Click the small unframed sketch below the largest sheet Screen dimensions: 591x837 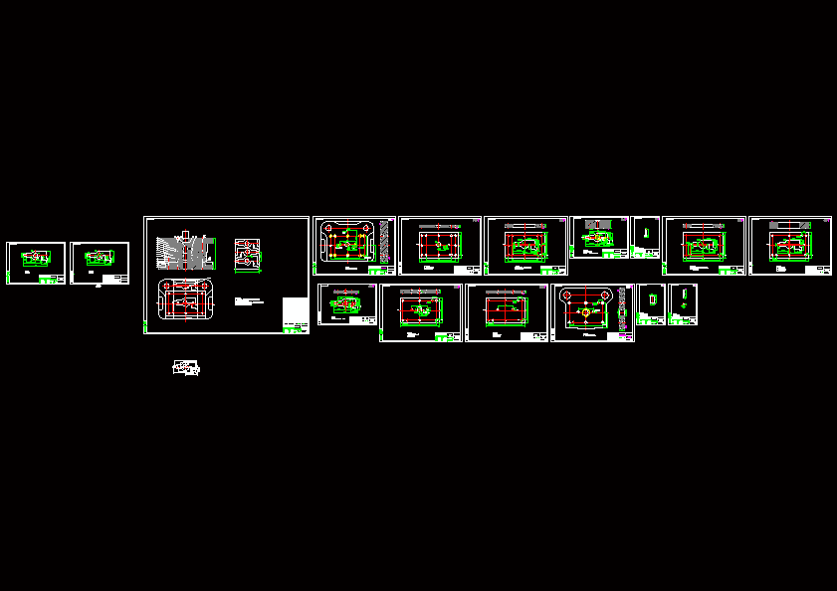[185, 368]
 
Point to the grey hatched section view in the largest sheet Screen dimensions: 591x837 [184, 253]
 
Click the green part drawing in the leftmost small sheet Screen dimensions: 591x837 [34, 257]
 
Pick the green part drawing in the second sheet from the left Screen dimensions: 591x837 [98, 258]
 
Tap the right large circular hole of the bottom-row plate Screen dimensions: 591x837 [603, 295]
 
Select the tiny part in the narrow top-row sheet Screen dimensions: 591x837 [645, 233]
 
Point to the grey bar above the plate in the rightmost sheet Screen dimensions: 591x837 [790, 224]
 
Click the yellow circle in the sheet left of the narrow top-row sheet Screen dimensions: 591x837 [599, 236]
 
